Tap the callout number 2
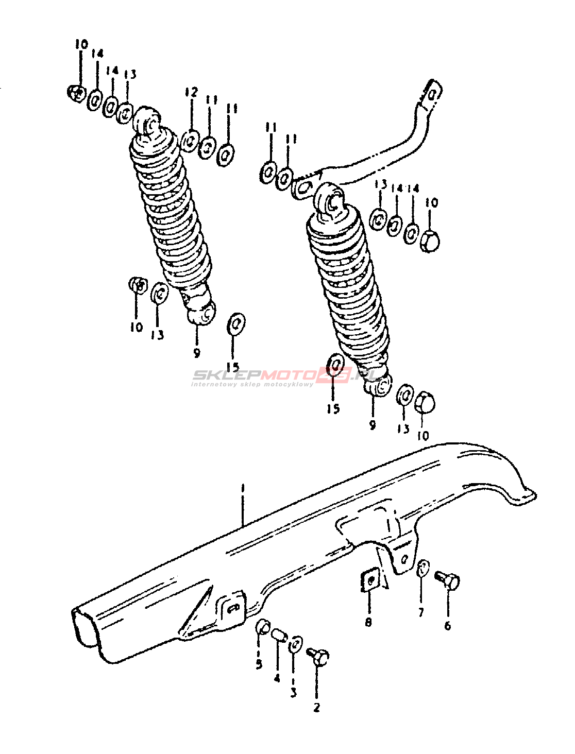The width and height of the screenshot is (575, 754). click(x=316, y=707)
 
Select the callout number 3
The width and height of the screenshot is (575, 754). click(x=293, y=692)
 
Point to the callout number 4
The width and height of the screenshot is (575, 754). click(x=277, y=678)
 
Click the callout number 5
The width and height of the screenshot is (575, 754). click(x=259, y=664)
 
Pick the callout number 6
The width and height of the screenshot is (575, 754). click(x=447, y=625)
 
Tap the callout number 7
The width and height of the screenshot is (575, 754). click(x=421, y=612)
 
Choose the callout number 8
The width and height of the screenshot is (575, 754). click(x=368, y=622)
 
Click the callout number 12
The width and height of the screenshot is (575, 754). click(x=191, y=92)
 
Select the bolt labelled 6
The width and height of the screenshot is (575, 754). click(x=448, y=580)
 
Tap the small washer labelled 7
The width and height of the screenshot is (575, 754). click(x=422, y=569)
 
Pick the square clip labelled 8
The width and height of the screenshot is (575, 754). click(x=369, y=581)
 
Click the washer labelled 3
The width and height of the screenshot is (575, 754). click(x=296, y=644)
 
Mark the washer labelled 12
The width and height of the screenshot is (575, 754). click(x=190, y=140)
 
